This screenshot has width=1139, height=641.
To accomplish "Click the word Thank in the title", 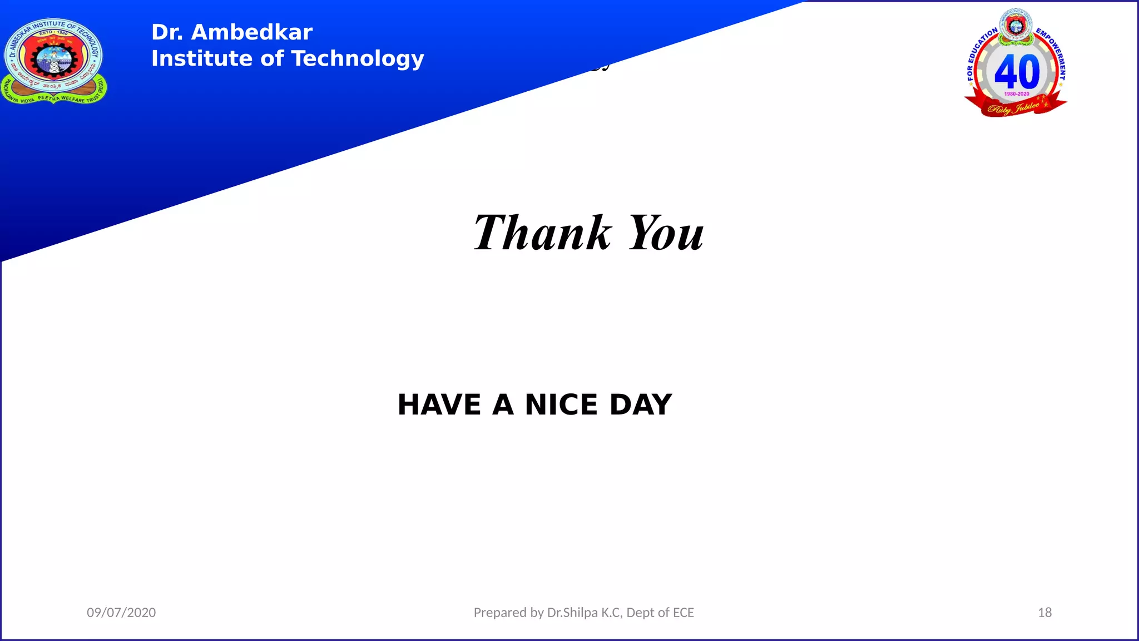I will coord(542,233).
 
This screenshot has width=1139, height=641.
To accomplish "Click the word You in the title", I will coord(666,233).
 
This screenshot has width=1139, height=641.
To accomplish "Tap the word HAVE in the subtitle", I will coord(439,405).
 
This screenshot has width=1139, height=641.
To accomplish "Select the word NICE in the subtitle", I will coord(561,405).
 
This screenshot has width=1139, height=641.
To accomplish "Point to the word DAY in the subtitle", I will coord(641,405).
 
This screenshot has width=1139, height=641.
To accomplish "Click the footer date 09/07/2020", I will coord(121,613).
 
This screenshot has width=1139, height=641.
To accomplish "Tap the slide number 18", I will coord(1044,613).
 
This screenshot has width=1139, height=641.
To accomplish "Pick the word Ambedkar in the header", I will coord(251,32).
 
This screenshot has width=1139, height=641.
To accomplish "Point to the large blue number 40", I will coord(1017,72).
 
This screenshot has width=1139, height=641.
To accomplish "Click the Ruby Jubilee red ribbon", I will coord(1016,107).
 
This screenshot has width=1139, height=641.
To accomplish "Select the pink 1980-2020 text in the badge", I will coord(1017,94).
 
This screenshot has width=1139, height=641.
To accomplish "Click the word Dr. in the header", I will coord(167,32).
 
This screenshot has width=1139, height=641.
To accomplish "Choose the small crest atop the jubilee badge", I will coord(1016,25).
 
